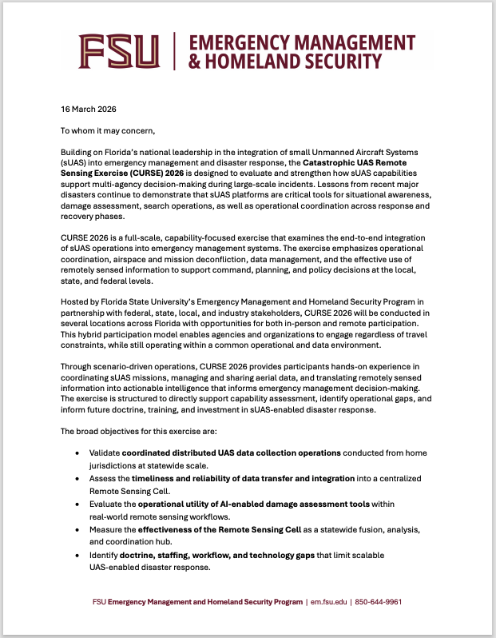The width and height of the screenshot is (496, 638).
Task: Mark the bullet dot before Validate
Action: [77, 453]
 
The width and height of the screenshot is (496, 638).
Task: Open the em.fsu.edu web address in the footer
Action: [329, 601]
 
